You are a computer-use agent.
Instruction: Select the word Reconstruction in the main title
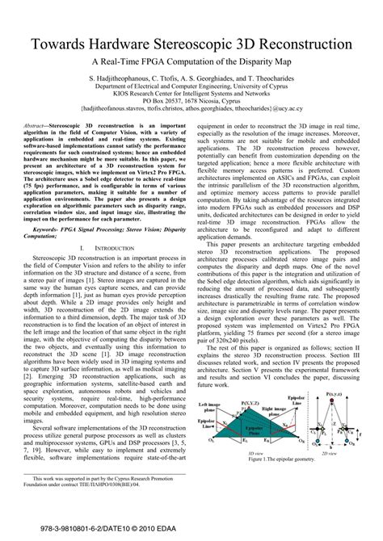306,42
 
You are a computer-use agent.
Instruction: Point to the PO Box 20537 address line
191,100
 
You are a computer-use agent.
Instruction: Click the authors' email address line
191,108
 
